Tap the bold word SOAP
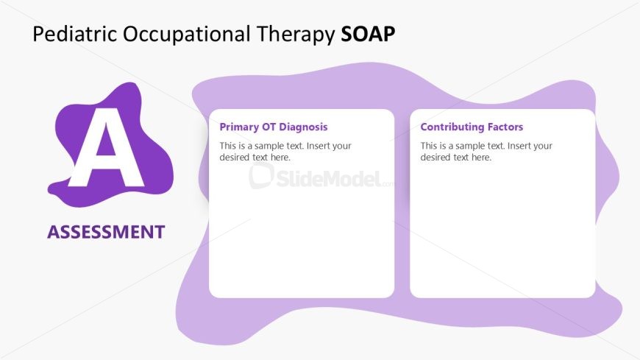click(x=368, y=35)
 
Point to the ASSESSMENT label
click(x=106, y=232)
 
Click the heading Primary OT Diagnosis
click(x=274, y=127)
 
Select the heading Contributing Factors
click(x=472, y=127)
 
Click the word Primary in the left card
click(x=239, y=127)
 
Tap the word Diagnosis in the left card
click(x=303, y=127)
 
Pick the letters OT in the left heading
click(x=269, y=127)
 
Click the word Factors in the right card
click(x=505, y=127)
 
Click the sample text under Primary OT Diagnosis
click(x=285, y=152)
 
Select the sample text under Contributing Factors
click(x=486, y=152)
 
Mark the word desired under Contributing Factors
click(x=435, y=158)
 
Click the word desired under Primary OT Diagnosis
click(x=235, y=158)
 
